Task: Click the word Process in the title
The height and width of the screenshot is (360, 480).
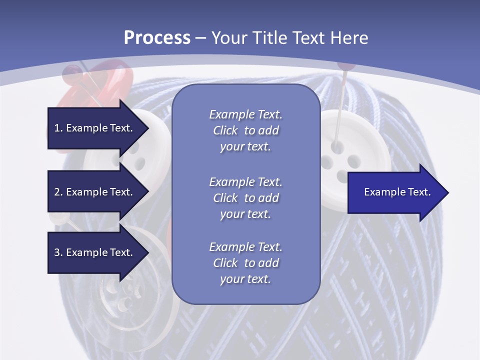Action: [x=157, y=38]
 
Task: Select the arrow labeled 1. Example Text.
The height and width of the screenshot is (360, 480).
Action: [x=95, y=128]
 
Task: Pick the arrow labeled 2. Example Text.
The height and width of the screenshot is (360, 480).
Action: [x=95, y=192]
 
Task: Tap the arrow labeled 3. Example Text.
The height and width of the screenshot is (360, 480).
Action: [x=95, y=252]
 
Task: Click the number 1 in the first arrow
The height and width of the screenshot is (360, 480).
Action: [x=57, y=128]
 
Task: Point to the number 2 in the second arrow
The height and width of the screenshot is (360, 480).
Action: [x=57, y=192]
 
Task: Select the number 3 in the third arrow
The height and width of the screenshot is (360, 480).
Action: [x=57, y=252]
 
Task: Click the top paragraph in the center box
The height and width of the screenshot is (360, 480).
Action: [x=245, y=130]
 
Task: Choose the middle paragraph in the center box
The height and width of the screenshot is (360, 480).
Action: [x=245, y=198]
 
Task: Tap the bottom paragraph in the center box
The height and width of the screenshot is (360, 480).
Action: [x=245, y=263]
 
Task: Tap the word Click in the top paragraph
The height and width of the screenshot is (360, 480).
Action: [x=225, y=130]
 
